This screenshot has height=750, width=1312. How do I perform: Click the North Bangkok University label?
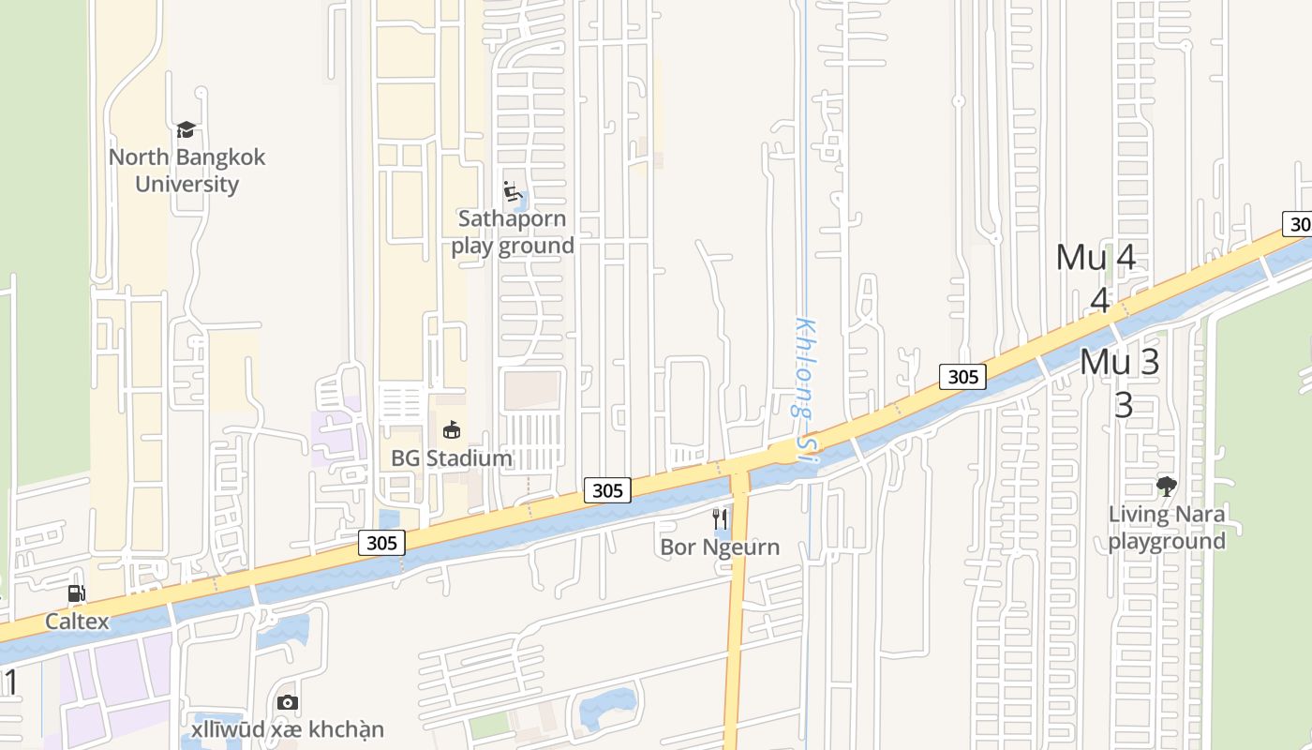pos(186,170)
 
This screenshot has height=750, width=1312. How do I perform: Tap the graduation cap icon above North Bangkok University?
pos(186,129)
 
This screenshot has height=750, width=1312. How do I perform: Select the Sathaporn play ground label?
pos(512,232)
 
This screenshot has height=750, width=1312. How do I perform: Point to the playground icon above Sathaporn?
pos(512,191)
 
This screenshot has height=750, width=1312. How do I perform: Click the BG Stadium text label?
pos(452,458)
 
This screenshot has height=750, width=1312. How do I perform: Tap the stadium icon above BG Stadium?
pos(452,429)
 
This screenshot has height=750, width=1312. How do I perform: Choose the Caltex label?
pos(77,622)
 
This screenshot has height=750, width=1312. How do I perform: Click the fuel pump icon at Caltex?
pos(77,592)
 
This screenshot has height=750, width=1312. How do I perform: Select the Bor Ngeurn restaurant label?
pos(720,547)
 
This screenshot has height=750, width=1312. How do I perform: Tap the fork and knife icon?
pos(720,517)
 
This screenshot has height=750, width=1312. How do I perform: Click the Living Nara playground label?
pos(1167,527)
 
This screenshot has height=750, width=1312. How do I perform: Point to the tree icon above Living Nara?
pos(1166,486)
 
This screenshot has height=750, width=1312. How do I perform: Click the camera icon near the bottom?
pos(288,702)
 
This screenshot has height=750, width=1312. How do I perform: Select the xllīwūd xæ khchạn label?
pos(288,729)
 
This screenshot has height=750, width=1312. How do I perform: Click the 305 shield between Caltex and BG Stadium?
pos(381,543)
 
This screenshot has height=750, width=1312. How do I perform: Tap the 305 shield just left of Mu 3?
pos(962,377)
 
